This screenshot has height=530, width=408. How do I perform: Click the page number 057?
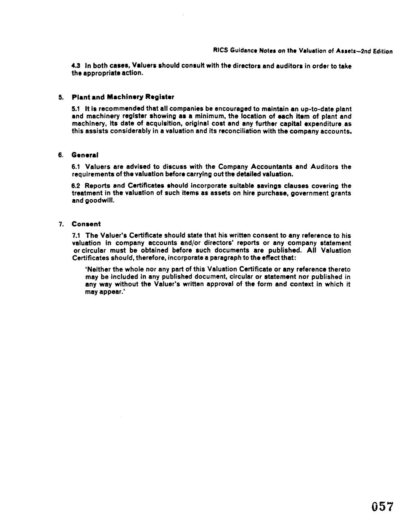point(383,507)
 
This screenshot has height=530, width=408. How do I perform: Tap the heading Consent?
point(86,224)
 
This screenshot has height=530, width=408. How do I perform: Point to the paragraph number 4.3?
point(76,66)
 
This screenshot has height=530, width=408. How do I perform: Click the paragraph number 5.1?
point(76,109)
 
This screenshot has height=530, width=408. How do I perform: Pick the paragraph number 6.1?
point(76,167)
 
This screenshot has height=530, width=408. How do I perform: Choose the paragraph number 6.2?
point(76,185)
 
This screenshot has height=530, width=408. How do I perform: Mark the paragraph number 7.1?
point(76,235)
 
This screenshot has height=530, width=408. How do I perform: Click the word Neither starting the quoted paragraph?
point(97,269)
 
